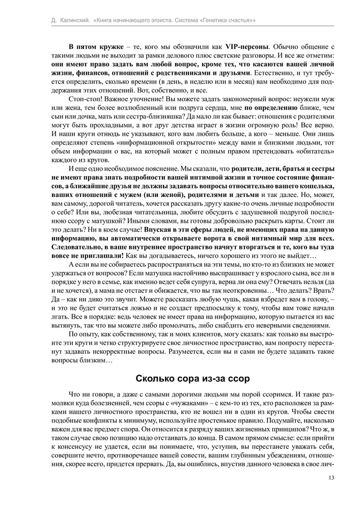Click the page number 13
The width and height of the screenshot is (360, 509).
click(331, 477)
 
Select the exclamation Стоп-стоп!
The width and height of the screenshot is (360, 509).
click(85, 100)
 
